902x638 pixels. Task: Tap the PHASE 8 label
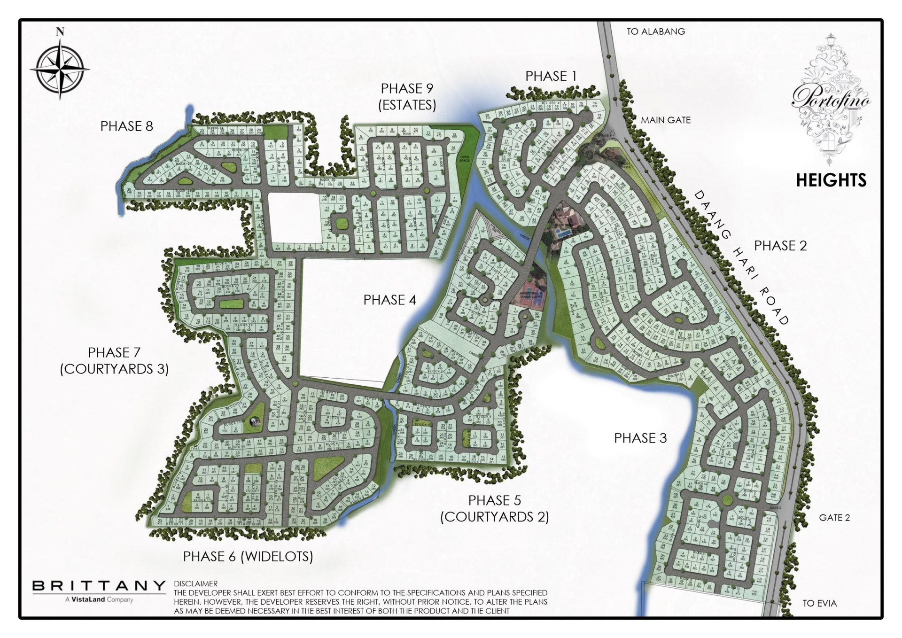coord(127,126)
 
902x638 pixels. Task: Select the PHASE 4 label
coord(389,300)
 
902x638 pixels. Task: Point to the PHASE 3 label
coord(640,438)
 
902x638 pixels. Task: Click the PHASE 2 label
coord(780,246)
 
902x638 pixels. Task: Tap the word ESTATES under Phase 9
coord(407,105)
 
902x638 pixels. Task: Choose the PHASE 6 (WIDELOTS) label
coord(248,557)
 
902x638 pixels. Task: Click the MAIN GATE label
coord(666,120)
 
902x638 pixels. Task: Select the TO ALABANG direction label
coord(656,32)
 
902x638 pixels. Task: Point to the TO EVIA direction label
coord(820,604)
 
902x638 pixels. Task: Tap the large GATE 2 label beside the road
coord(834,518)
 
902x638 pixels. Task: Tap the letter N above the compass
coord(60,32)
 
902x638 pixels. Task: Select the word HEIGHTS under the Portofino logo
coord(831,180)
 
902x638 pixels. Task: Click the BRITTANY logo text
coord(99,586)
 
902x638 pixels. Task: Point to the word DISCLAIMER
coord(196,584)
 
